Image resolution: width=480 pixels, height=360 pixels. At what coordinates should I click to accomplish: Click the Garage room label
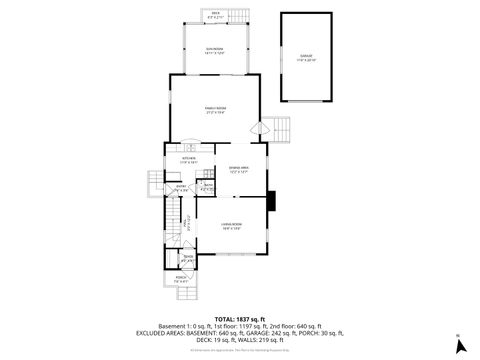(x=306, y=59)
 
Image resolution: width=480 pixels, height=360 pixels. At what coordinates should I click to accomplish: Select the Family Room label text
(x=215, y=110)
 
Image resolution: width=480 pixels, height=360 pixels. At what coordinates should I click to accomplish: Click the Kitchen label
(x=189, y=159)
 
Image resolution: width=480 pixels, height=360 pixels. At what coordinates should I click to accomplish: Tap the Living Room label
(x=232, y=226)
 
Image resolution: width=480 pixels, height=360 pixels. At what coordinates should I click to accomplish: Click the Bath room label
(x=208, y=187)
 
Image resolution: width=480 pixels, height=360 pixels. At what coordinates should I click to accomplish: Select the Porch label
(x=181, y=280)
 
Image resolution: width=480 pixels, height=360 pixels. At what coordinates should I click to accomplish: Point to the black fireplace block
(x=271, y=201)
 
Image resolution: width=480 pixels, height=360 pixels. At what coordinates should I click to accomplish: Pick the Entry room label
(x=182, y=187)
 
